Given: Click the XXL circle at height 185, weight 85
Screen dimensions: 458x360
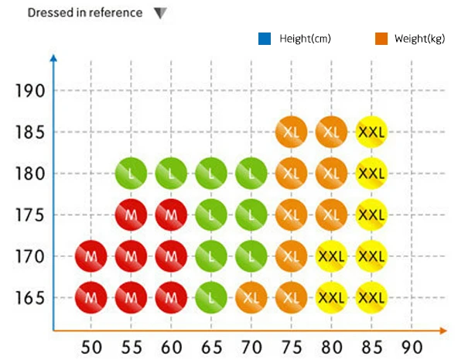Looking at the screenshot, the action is point(371,132).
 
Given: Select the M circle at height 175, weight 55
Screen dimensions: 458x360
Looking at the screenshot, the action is point(131,214).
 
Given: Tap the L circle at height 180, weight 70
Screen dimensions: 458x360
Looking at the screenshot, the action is point(251,173).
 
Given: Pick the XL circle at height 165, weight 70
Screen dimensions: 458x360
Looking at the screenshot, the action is point(251,297).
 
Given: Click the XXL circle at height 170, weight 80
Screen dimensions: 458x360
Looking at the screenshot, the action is point(331,256).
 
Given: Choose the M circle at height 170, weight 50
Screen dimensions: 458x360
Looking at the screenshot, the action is point(91,256).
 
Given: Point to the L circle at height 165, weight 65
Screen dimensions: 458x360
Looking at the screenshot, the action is point(211,297).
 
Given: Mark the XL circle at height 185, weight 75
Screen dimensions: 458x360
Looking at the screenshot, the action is point(291,132).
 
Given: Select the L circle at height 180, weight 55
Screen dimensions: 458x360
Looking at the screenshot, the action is point(131,173).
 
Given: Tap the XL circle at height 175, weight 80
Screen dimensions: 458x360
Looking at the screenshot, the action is point(331,214).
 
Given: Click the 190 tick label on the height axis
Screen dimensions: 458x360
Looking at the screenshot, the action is point(30,91).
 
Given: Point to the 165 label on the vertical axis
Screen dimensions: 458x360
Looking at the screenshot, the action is point(30,298).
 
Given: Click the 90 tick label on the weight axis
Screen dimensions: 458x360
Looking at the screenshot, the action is point(412,348).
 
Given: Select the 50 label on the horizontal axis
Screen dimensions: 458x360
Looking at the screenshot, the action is point(91,348).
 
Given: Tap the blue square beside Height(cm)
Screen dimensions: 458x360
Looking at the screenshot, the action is point(265,39).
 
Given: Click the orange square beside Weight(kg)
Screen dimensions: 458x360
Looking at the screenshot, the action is point(381,39).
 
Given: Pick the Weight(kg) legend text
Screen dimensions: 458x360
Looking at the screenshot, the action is point(420,39).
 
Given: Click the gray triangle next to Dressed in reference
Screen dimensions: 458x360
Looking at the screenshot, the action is point(160,12).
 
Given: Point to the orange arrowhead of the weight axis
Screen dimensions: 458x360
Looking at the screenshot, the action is point(443,331).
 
